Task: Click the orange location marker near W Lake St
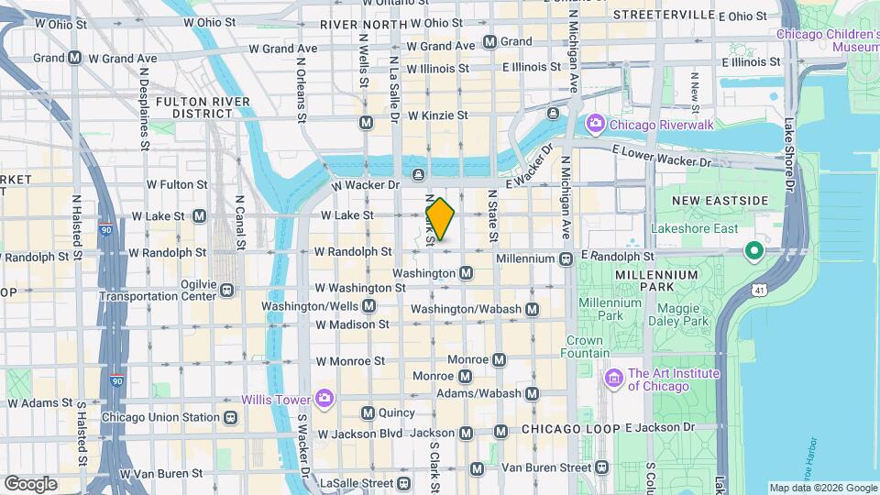[x=441, y=219]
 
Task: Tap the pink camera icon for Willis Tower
[x=323, y=398]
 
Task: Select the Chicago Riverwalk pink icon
[x=596, y=123]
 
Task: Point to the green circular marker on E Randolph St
[x=754, y=249]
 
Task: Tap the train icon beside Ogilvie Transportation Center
[x=226, y=290]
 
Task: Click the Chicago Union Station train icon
[x=229, y=417]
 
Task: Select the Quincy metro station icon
[x=369, y=412]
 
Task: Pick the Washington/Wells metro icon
[x=369, y=305]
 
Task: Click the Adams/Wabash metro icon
[x=532, y=393]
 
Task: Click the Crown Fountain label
[x=584, y=346]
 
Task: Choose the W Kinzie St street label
[x=438, y=115]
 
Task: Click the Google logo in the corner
[x=30, y=483]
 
